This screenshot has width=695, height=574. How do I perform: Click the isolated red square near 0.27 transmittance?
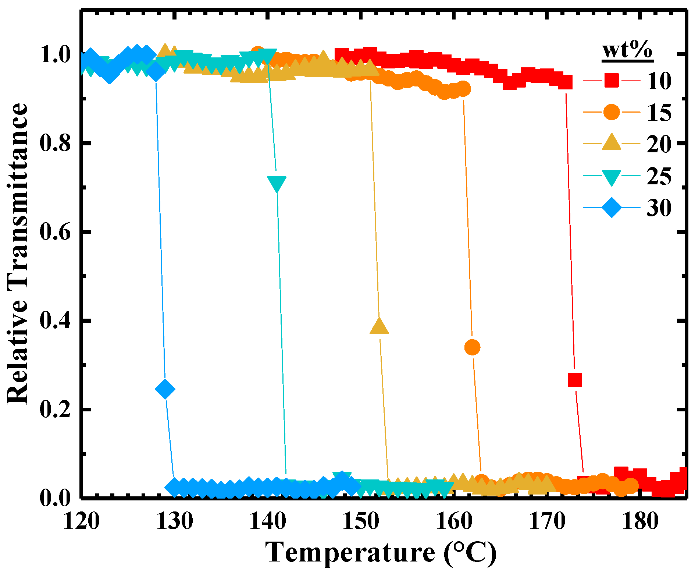[575, 380]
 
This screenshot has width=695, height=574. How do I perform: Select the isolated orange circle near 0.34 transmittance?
[473, 347]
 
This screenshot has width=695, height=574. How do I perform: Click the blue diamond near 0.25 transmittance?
[165, 389]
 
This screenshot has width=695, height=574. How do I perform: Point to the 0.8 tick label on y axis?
[55, 143]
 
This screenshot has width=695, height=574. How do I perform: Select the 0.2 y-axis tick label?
[55, 410]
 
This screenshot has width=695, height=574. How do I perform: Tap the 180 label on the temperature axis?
[640, 521]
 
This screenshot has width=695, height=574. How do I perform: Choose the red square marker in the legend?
[612, 80]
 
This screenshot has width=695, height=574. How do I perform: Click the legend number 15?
[659, 112]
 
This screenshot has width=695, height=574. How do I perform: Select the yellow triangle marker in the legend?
[612, 143]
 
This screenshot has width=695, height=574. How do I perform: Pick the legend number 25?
[659, 176]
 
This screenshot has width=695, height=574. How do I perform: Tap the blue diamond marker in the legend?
[612, 208]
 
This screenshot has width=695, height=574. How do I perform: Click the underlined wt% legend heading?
[627, 50]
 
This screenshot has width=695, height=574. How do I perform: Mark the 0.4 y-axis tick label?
[55, 321]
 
